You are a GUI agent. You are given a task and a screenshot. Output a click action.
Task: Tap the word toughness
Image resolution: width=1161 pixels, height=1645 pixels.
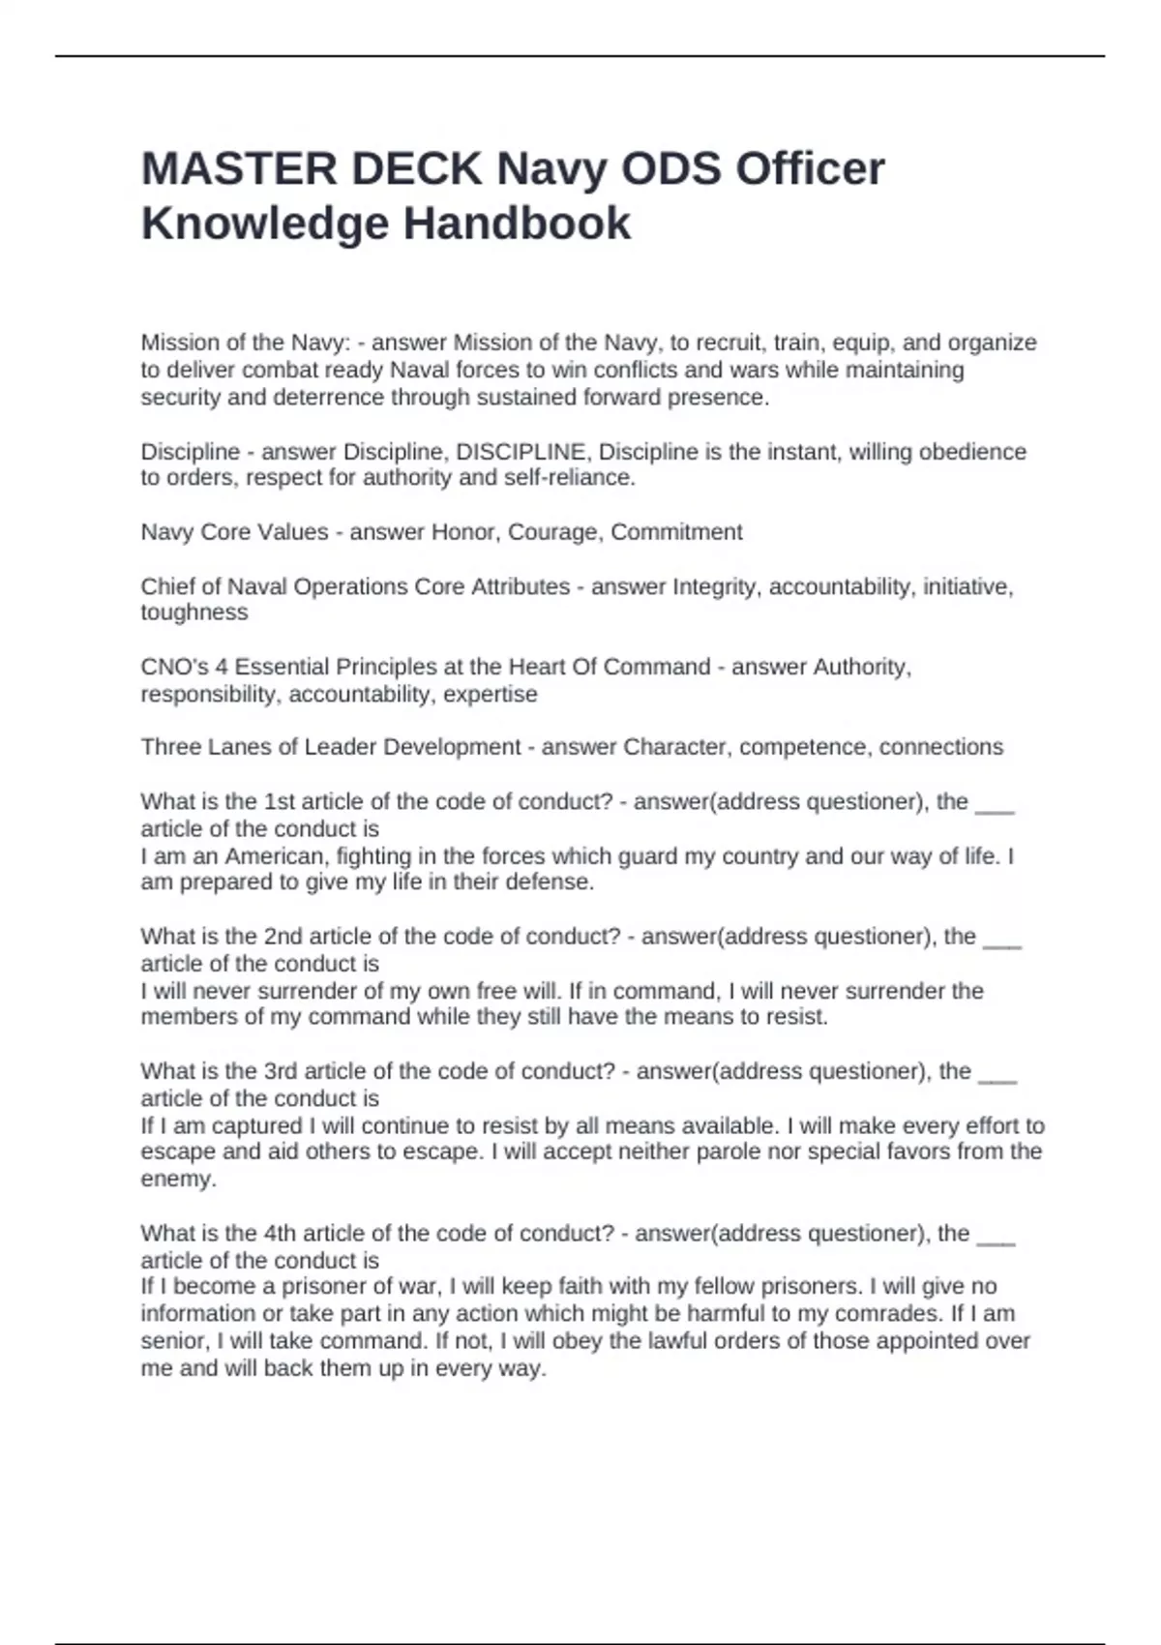194,613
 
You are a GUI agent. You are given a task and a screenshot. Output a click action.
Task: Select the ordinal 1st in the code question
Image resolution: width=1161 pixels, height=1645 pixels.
280,802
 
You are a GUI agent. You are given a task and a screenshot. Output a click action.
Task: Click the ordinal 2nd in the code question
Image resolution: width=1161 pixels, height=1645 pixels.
283,937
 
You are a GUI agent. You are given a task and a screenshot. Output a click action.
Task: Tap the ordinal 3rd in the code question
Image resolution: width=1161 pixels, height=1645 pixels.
281,1071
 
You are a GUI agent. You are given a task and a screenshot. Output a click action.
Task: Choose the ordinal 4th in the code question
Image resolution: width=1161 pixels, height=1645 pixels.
280,1234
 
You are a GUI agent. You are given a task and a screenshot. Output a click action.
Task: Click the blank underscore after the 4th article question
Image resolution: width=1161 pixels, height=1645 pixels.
997,1238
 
